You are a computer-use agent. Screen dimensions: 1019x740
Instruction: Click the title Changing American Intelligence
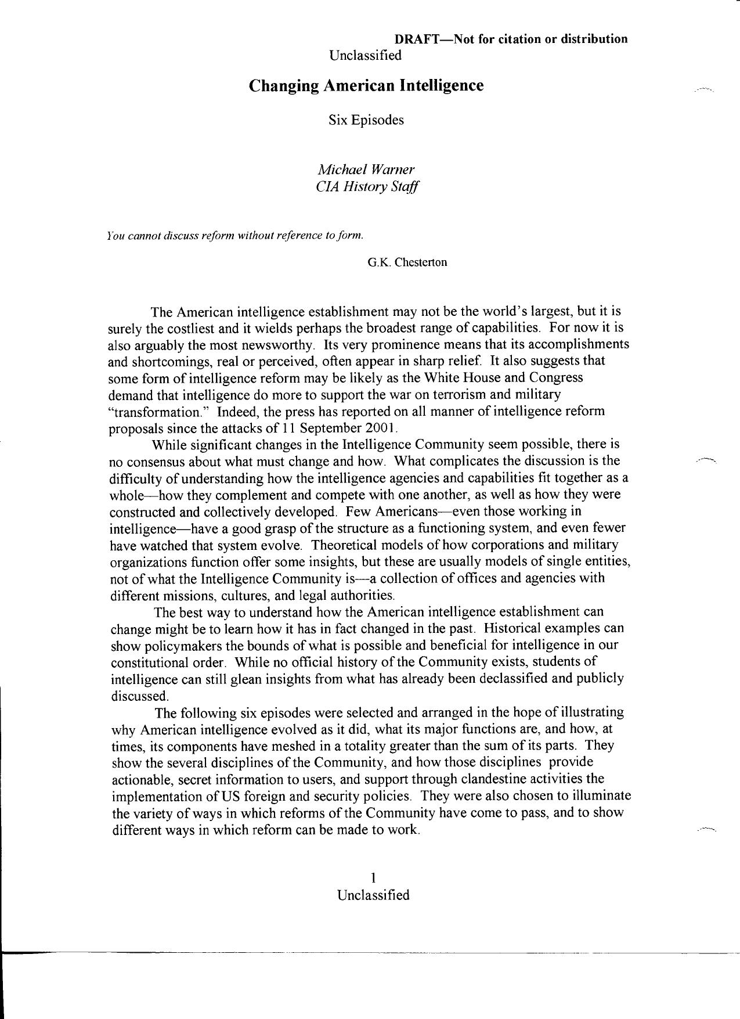(x=366, y=85)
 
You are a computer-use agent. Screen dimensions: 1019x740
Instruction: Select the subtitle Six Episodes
(x=366, y=120)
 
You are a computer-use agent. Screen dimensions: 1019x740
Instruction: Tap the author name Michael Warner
(x=366, y=170)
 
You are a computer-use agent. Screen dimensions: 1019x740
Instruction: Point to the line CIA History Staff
(x=366, y=186)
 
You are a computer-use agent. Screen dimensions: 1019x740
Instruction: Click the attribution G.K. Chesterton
(x=407, y=262)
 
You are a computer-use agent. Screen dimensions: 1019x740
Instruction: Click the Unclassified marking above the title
(x=365, y=55)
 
